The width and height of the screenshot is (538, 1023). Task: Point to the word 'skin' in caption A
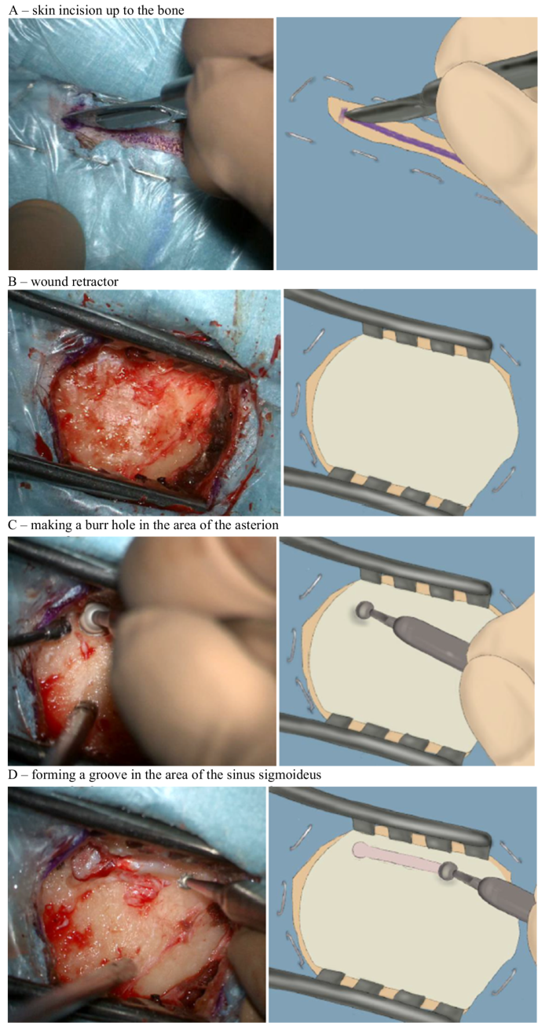coord(38,9)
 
